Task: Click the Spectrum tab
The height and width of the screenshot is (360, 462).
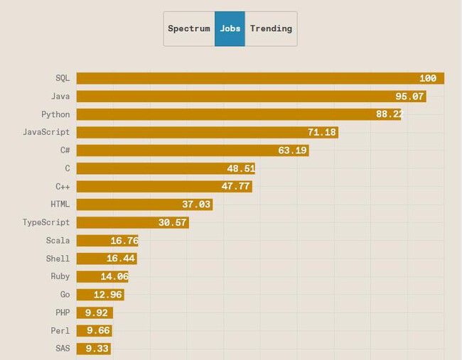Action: pos(189,29)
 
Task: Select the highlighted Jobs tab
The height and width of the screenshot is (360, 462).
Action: pos(230,29)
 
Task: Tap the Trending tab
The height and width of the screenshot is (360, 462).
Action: pos(271,29)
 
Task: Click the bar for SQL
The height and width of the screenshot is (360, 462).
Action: pos(260,78)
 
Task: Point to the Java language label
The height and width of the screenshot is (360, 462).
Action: pos(60,96)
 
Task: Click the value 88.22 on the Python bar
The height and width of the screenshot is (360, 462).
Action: pos(390,114)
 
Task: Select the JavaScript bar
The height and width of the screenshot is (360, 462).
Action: pos(207,132)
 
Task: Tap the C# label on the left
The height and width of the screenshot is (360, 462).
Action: pos(65,151)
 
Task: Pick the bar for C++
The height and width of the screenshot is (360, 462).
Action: pos(164,187)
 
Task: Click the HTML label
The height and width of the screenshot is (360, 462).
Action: pos(60,204)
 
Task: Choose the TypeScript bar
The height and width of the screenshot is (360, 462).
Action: pos(132,223)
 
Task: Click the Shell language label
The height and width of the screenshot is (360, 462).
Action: pos(58,259)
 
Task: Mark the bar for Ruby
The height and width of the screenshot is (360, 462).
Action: pos(102,277)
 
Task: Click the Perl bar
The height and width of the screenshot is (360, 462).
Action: pos(94,331)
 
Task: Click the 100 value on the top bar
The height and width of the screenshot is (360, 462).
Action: pos(428,78)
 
